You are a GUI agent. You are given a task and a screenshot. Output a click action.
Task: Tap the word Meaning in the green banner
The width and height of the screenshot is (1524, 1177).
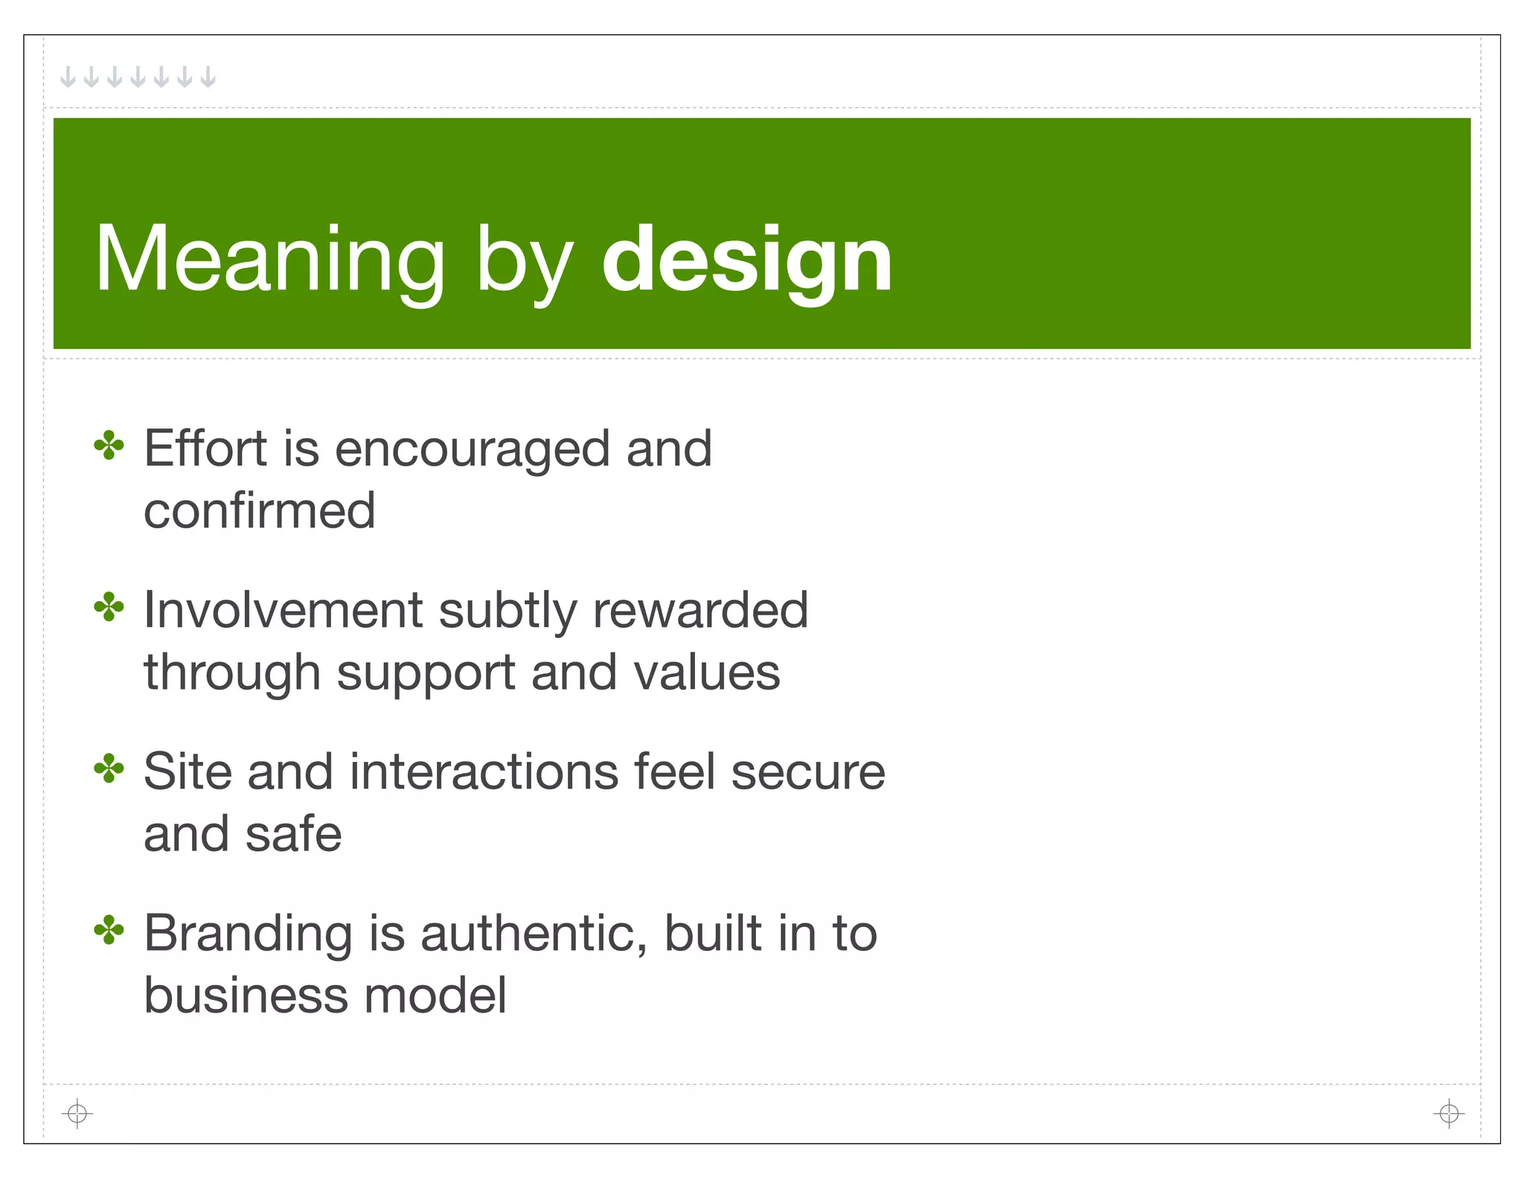[269, 260]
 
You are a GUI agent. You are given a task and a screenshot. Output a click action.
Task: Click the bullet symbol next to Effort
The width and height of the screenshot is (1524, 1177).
[109, 446]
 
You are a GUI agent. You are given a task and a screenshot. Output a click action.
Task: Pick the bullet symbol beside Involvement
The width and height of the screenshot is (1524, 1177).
[109, 608]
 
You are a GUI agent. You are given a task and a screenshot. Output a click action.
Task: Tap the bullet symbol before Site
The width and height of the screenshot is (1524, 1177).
[109, 769]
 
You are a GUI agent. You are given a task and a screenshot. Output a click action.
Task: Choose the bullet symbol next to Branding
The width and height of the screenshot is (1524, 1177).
[109, 931]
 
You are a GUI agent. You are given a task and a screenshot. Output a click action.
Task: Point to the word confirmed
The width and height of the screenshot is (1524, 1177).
[259, 511]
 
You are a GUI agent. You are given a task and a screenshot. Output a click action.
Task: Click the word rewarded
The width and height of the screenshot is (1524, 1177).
[700, 611]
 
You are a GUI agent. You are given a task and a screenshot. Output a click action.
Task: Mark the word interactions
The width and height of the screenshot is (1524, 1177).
[484, 772]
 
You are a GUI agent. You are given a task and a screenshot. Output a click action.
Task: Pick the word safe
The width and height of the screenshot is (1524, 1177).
[293, 834]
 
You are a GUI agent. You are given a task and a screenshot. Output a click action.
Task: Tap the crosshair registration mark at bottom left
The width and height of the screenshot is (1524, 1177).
[77, 1114]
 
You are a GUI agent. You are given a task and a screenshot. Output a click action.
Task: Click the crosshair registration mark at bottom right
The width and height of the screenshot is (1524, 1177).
[1448, 1114]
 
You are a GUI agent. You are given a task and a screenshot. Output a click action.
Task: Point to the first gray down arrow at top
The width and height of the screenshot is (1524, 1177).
[68, 77]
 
